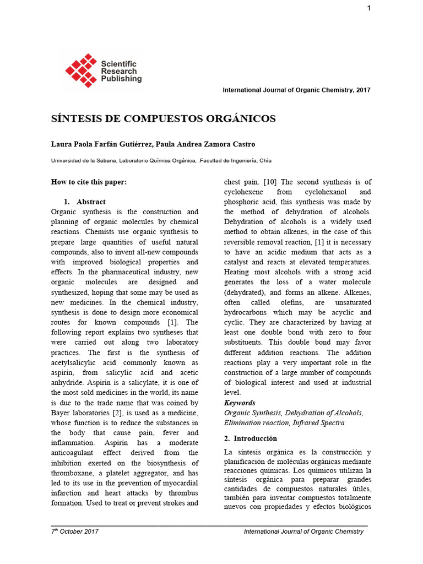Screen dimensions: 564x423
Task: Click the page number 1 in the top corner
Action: (x=369, y=8)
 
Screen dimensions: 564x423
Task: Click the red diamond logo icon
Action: (x=81, y=70)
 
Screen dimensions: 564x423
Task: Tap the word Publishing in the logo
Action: (x=121, y=79)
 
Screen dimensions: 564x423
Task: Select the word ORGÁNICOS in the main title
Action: (x=240, y=119)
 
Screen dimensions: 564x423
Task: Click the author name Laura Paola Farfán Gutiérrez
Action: (x=101, y=144)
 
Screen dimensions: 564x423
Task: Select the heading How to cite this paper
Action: (x=89, y=182)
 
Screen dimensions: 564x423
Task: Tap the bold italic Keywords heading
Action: (x=240, y=403)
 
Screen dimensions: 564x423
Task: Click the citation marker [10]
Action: (x=270, y=182)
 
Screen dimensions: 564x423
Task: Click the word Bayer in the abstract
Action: (x=61, y=413)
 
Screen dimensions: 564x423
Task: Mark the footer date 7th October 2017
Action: (x=75, y=532)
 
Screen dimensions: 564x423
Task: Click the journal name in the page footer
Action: (x=303, y=532)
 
